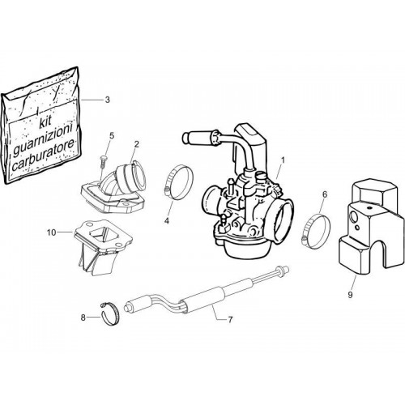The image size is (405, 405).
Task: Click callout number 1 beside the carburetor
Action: pos(283,160)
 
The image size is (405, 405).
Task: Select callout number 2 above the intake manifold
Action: pos(137,144)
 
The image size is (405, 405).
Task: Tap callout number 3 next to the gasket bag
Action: pos(108,100)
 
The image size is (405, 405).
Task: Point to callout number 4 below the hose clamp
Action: pos(167,221)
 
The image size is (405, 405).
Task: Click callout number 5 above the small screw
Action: pos(112,135)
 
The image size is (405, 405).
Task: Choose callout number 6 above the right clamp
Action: pos(325,194)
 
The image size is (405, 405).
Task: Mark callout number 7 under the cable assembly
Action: pos(230,320)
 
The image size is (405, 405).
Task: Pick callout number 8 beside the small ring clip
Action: pos(83,318)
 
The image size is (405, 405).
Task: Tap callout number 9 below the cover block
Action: pos(350,295)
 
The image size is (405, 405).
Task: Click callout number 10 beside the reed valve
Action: pos(51,232)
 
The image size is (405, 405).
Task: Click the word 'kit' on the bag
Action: pos(45,123)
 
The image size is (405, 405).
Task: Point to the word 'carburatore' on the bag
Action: pos(43,155)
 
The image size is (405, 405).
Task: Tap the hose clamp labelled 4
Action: pos(179,182)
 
